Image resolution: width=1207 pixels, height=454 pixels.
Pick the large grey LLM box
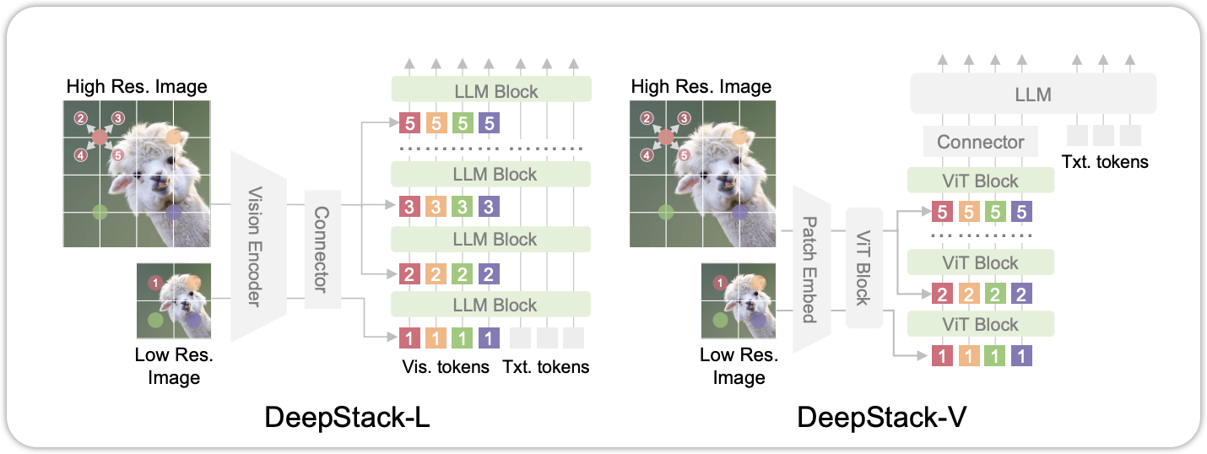[1032, 93]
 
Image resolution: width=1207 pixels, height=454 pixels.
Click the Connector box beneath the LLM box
[980, 142]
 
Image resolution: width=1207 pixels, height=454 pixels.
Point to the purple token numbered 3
[488, 207]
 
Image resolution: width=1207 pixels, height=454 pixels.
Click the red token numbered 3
[409, 207]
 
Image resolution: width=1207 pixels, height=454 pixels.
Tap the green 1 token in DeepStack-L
[462, 338]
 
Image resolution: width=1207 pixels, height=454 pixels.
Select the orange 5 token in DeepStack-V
[968, 213]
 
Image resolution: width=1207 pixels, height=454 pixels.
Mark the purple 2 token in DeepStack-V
[1020, 295]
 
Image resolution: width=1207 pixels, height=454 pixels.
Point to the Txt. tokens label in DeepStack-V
[1106, 161]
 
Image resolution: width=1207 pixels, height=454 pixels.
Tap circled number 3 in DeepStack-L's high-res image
[118, 118]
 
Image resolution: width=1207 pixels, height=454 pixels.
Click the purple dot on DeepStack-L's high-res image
[173, 213]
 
